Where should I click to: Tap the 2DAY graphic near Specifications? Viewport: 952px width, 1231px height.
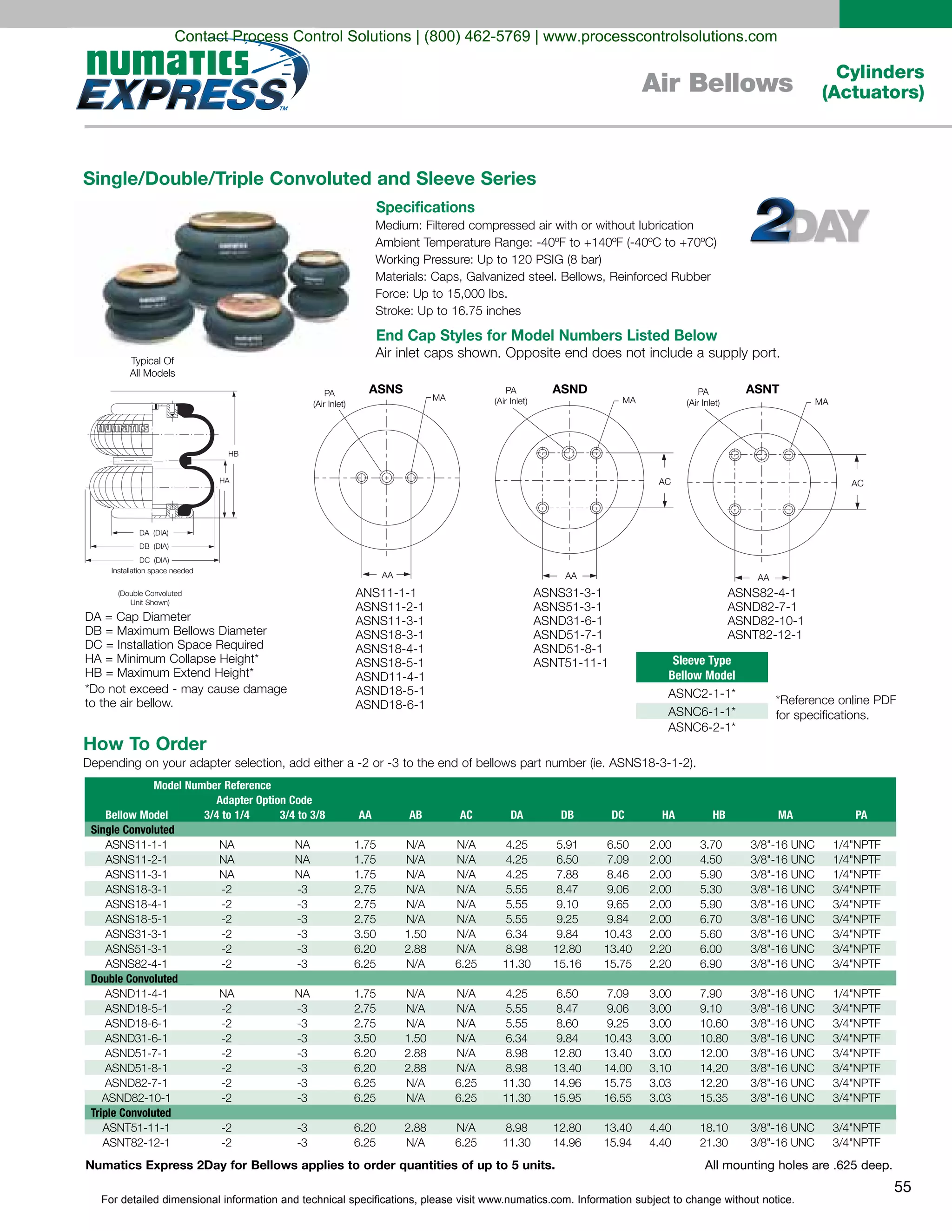809,221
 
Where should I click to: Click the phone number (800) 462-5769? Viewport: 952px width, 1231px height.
476,37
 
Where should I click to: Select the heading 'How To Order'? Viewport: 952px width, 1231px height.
145,743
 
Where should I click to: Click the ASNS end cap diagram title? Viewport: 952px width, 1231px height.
386,389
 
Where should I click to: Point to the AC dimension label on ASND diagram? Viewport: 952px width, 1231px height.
664,481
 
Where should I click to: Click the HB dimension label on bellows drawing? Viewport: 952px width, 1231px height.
233,454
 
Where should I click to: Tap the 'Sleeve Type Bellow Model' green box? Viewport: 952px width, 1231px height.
701,668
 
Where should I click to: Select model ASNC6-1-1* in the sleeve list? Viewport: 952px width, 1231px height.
701,711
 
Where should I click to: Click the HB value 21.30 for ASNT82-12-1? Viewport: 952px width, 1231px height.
714,1143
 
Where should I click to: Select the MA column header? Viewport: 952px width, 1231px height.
785,814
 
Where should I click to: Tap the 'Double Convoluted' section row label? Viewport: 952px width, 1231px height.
134,978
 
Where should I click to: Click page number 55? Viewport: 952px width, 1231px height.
902,1186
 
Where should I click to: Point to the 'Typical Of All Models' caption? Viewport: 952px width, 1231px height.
152,367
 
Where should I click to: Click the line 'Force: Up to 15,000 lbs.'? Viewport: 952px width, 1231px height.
441,294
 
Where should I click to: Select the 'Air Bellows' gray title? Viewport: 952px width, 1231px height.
717,83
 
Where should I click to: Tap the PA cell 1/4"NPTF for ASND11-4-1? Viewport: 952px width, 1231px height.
856,994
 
